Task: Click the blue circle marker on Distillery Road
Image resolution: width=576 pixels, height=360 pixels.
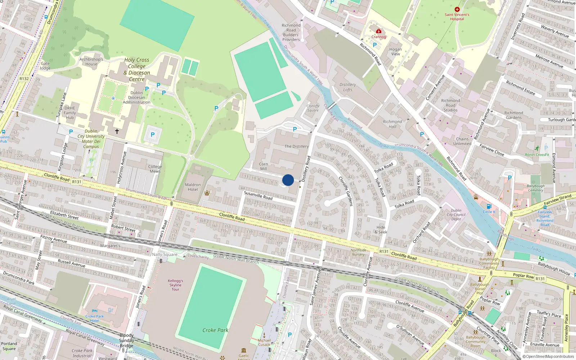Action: pyautogui.click(x=288, y=180)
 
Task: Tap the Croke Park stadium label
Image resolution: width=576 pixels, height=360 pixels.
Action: pyautogui.click(x=215, y=330)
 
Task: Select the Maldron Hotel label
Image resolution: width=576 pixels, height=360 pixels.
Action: pyautogui.click(x=193, y=187)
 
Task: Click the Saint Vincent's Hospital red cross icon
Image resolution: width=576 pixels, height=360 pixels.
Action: pyautogui.click(x=457, y=10)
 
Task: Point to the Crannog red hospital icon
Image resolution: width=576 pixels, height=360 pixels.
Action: pyautogui.click(x=378, y=31)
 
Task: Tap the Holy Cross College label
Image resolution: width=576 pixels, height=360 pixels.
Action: pyautogui.click(x=137, y=69)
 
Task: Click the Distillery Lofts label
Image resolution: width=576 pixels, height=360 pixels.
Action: pyautogui.click(x=348, y=87)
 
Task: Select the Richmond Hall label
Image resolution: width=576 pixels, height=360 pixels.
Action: pyautogui.click(x=392, y=124)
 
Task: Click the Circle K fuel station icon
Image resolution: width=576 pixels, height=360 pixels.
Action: pyautogui.click(x=489, y=207)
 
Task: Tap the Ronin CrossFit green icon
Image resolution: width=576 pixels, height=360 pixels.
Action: pyautogui.click(x=537, y=148)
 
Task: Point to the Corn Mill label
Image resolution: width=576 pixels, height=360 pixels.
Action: pyautogui.click(x=264, y=166)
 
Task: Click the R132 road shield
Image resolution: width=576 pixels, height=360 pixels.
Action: pyautogui.click(x=24, y=78)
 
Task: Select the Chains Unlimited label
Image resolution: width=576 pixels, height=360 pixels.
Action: pyautogui.click(x=462, y=141)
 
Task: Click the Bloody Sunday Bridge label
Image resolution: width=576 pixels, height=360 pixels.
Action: pyautogui.click(x=127, y=341)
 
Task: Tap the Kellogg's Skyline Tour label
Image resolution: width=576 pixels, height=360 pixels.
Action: pyautogui.click(x=175, y=285)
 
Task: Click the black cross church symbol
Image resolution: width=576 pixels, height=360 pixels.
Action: pyautogui.click(x=117, y=131)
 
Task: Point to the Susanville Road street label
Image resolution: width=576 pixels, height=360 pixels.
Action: pyautogui.click(x=258, y=195)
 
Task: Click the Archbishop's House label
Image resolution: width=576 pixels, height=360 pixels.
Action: pyautogui.click(x=91, y=62)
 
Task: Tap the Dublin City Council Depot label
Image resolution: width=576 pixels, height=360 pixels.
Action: pyautogui.click(x=456, y=215)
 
